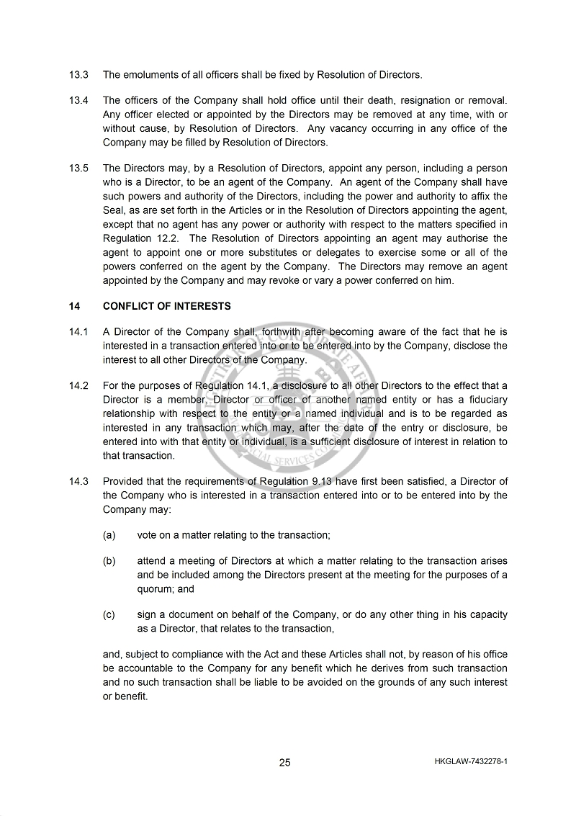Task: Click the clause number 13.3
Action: [x=78, y=74]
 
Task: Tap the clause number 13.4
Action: [x=78, y=101]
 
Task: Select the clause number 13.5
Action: [x=78, y=169]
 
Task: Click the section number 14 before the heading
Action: [x=74, y=306]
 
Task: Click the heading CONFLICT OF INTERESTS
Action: [x=167, y=306]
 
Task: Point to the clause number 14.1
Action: [x=78, y=332]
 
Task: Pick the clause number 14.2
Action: [x=78, y=386]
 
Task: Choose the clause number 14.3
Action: [x=78, y=481]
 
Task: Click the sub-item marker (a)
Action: [x=109, y=535]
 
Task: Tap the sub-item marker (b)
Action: [x=109, y=561]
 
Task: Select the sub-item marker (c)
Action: [x=109, y=615]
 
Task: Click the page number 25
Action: [x=285, y=763]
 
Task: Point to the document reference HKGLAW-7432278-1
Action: [x=472, y=761]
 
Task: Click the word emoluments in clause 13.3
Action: [x=153, y=74]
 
